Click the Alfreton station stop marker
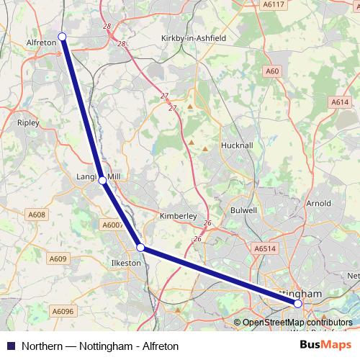click(62, 37)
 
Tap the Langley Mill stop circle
click(102, 180)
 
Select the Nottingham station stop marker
click(298, 304)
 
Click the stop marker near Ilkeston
click(141, 248)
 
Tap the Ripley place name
click(27, 123)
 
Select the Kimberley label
click(177, 215)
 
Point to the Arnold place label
click(318, 204)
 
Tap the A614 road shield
click(340, 102)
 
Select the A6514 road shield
click(265, 248)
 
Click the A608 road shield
click(37, 215)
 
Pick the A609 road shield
click(59, 259)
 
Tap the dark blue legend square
click(10, 346)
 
